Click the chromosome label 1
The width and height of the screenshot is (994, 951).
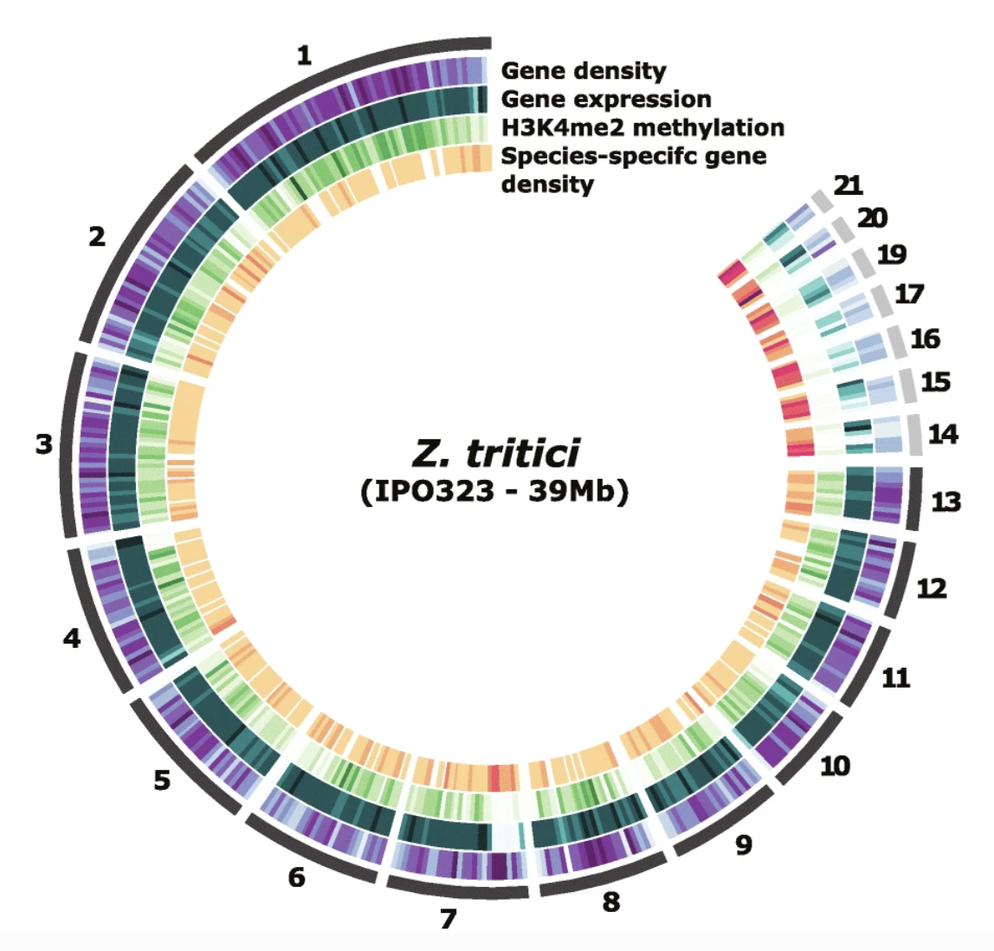[x=303, y=56]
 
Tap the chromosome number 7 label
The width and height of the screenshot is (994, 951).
[x=448, y=918]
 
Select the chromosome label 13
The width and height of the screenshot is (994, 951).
[x=946, y=501]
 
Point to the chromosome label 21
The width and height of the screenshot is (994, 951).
[x=848, y=184]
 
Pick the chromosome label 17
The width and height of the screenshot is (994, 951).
[x=909, y=294]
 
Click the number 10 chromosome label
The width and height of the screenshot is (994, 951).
[x=835, y=766]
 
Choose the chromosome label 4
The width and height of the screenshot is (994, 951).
[x=72, y=639]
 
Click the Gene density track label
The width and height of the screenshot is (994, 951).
[x=584, y=71]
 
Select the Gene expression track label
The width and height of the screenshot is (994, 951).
[x=606, y=99]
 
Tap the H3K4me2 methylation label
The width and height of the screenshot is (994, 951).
[x=642, y=127]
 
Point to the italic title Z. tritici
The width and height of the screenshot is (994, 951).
[x=494, y=453]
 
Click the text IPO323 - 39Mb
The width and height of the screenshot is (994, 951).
[x=494, y=491]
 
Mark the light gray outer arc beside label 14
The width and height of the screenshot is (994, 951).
[x=915, y=435]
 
